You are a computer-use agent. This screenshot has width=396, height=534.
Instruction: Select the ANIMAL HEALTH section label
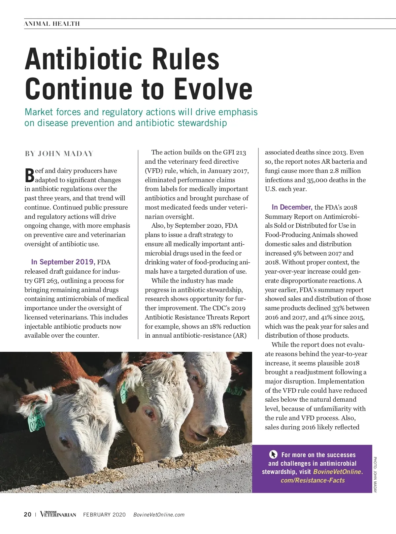coord(52,24)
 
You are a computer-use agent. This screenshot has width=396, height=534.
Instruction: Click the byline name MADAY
coord(79,154)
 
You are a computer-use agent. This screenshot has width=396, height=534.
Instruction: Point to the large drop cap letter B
coord(29,176)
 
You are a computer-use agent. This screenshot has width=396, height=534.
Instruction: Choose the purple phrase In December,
coord(292,207)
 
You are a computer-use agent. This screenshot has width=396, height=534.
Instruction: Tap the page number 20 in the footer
coord(28,515)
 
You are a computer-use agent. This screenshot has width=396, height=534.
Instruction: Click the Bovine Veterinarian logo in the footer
coord(58,514)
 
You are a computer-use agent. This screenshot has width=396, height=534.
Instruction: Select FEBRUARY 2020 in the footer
coord(104,515)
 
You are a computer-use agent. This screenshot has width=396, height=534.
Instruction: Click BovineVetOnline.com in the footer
coord(159,515)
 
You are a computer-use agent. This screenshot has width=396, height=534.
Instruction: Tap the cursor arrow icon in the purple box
coord(273,454)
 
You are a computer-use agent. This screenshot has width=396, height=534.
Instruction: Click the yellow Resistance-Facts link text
coord(313,480)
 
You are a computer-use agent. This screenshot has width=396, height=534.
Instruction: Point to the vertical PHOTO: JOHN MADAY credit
coord(375,474)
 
